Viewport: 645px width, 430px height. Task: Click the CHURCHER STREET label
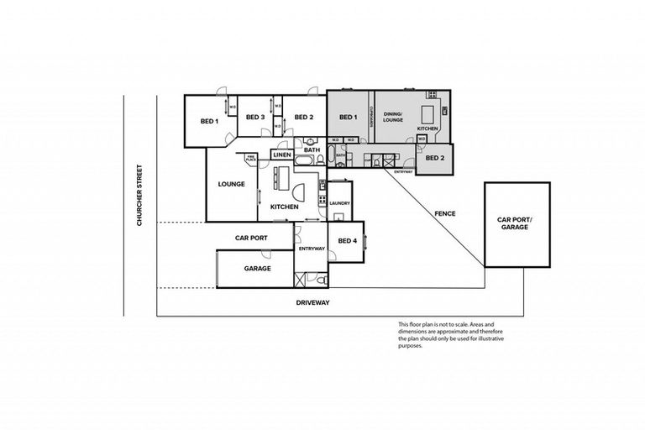143,195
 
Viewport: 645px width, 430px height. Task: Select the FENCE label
444,213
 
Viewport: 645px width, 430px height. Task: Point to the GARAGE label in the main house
257,269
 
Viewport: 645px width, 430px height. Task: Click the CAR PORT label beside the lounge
251,238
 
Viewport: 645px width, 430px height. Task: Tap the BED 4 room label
347,241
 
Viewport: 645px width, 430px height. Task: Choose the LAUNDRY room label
339,203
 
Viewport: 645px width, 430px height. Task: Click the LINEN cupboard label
281,155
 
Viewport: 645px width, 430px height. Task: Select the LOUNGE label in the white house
231,184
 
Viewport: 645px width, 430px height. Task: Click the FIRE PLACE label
250,158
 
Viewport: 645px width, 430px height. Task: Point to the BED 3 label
255,117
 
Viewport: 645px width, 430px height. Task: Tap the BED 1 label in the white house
209,121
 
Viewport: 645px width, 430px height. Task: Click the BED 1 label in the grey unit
348,117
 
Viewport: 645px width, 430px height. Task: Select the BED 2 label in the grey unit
435,157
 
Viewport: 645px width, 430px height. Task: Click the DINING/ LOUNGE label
394,118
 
